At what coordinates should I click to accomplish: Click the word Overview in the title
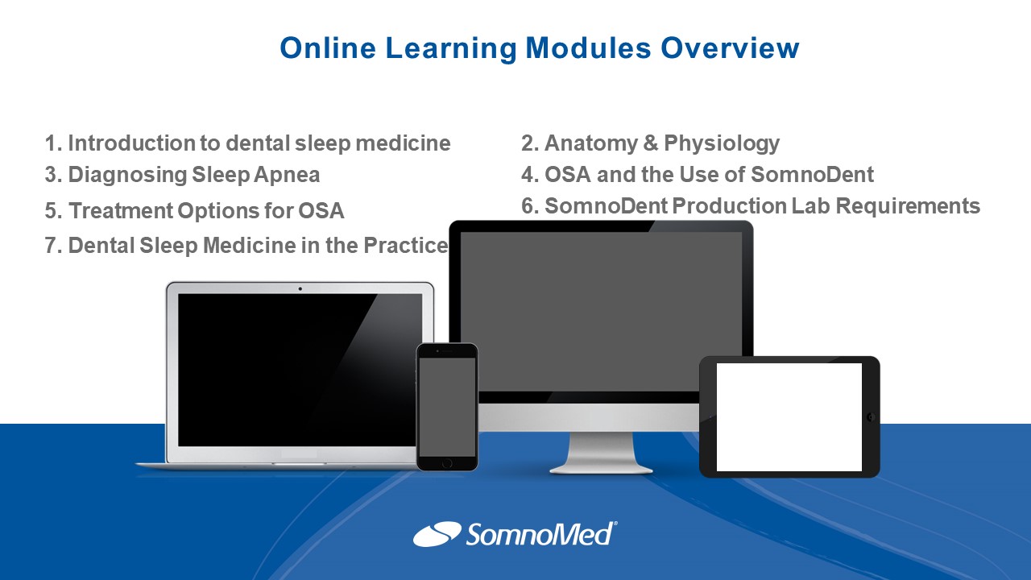730,48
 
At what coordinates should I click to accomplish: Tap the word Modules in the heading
588,48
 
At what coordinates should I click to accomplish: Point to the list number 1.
52,143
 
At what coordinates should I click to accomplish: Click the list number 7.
52,246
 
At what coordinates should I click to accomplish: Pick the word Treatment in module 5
121,211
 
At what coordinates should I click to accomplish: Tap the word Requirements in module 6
908,205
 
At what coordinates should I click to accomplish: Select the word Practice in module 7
405,246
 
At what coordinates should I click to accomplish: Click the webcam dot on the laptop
300,289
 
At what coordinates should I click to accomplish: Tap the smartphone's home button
446,463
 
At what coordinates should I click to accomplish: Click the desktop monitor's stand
601,454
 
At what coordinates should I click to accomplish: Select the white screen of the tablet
789,417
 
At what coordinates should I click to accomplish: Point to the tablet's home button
871,417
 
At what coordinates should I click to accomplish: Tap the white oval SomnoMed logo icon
437,534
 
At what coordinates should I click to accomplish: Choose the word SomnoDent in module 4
812,175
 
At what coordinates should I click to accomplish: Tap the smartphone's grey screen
447,407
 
